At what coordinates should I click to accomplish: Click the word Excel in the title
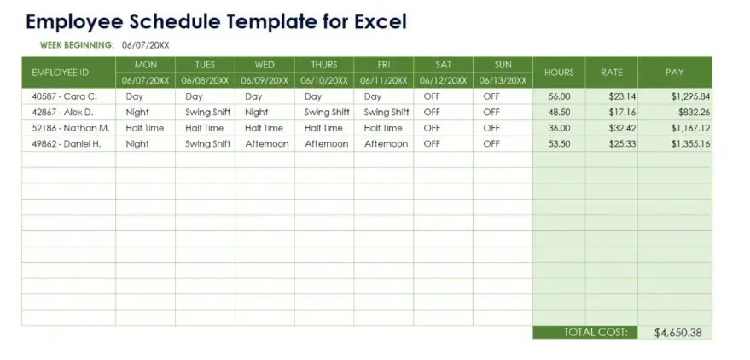[381, 22]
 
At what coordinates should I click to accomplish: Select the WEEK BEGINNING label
[77, 45]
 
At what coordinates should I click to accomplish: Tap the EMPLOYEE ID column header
[61, 73]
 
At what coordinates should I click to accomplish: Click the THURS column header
[324, 65]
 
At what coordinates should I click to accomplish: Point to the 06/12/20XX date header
[443, 80]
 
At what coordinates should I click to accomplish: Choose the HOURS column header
[559, 73]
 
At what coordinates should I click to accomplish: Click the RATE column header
[611, 73]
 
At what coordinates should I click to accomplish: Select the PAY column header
[674, 73]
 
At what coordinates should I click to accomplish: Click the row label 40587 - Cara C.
[65, 96]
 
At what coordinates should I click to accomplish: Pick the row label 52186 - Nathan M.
[71, 128]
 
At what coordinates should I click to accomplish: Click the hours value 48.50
[559, 113]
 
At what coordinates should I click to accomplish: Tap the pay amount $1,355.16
[690, 144]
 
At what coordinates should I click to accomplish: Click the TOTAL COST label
[595, 332]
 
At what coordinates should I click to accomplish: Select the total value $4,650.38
[678, 333]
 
